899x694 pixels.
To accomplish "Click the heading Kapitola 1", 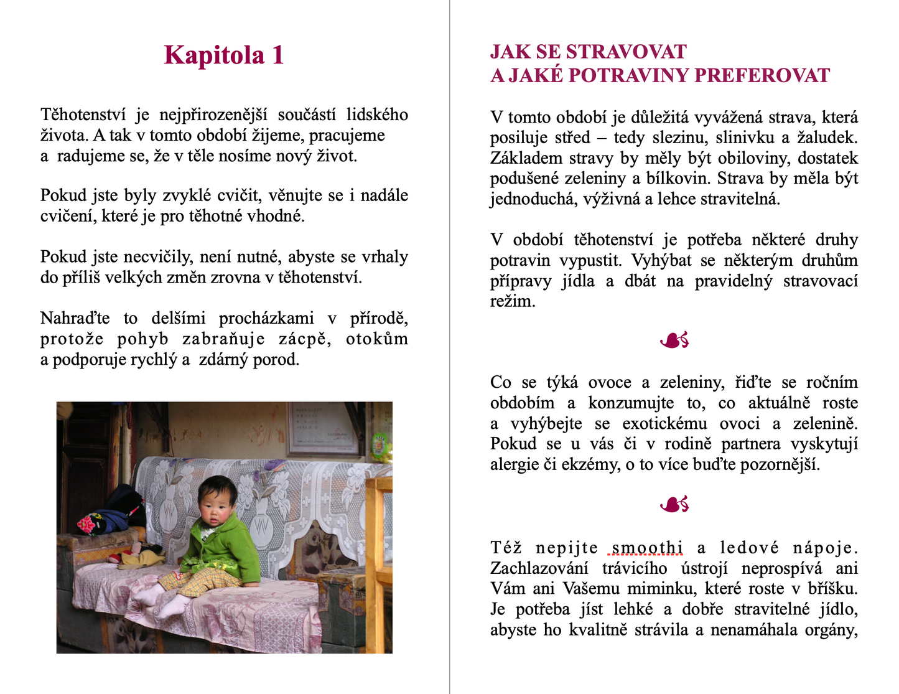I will (224, 55).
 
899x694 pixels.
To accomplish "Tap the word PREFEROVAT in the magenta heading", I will (762, 75).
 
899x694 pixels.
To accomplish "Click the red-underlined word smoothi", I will (647, 548).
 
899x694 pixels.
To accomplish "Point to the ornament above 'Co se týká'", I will (674, 340).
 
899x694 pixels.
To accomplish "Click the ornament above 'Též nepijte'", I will (674, 504).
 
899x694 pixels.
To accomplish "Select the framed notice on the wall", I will (324, 428).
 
